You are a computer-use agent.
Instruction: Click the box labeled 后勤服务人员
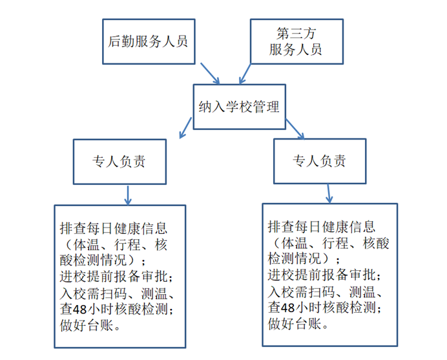[147, 41]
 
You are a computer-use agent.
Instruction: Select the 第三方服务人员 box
[296, 40]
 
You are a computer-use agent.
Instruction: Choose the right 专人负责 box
[319, 161]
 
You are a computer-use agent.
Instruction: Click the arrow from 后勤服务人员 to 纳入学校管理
[211, 73]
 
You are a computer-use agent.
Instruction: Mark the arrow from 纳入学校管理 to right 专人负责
[293, 128]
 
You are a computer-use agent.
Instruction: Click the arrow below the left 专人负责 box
[128, 194]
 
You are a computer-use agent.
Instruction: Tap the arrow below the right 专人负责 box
[328, 192]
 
